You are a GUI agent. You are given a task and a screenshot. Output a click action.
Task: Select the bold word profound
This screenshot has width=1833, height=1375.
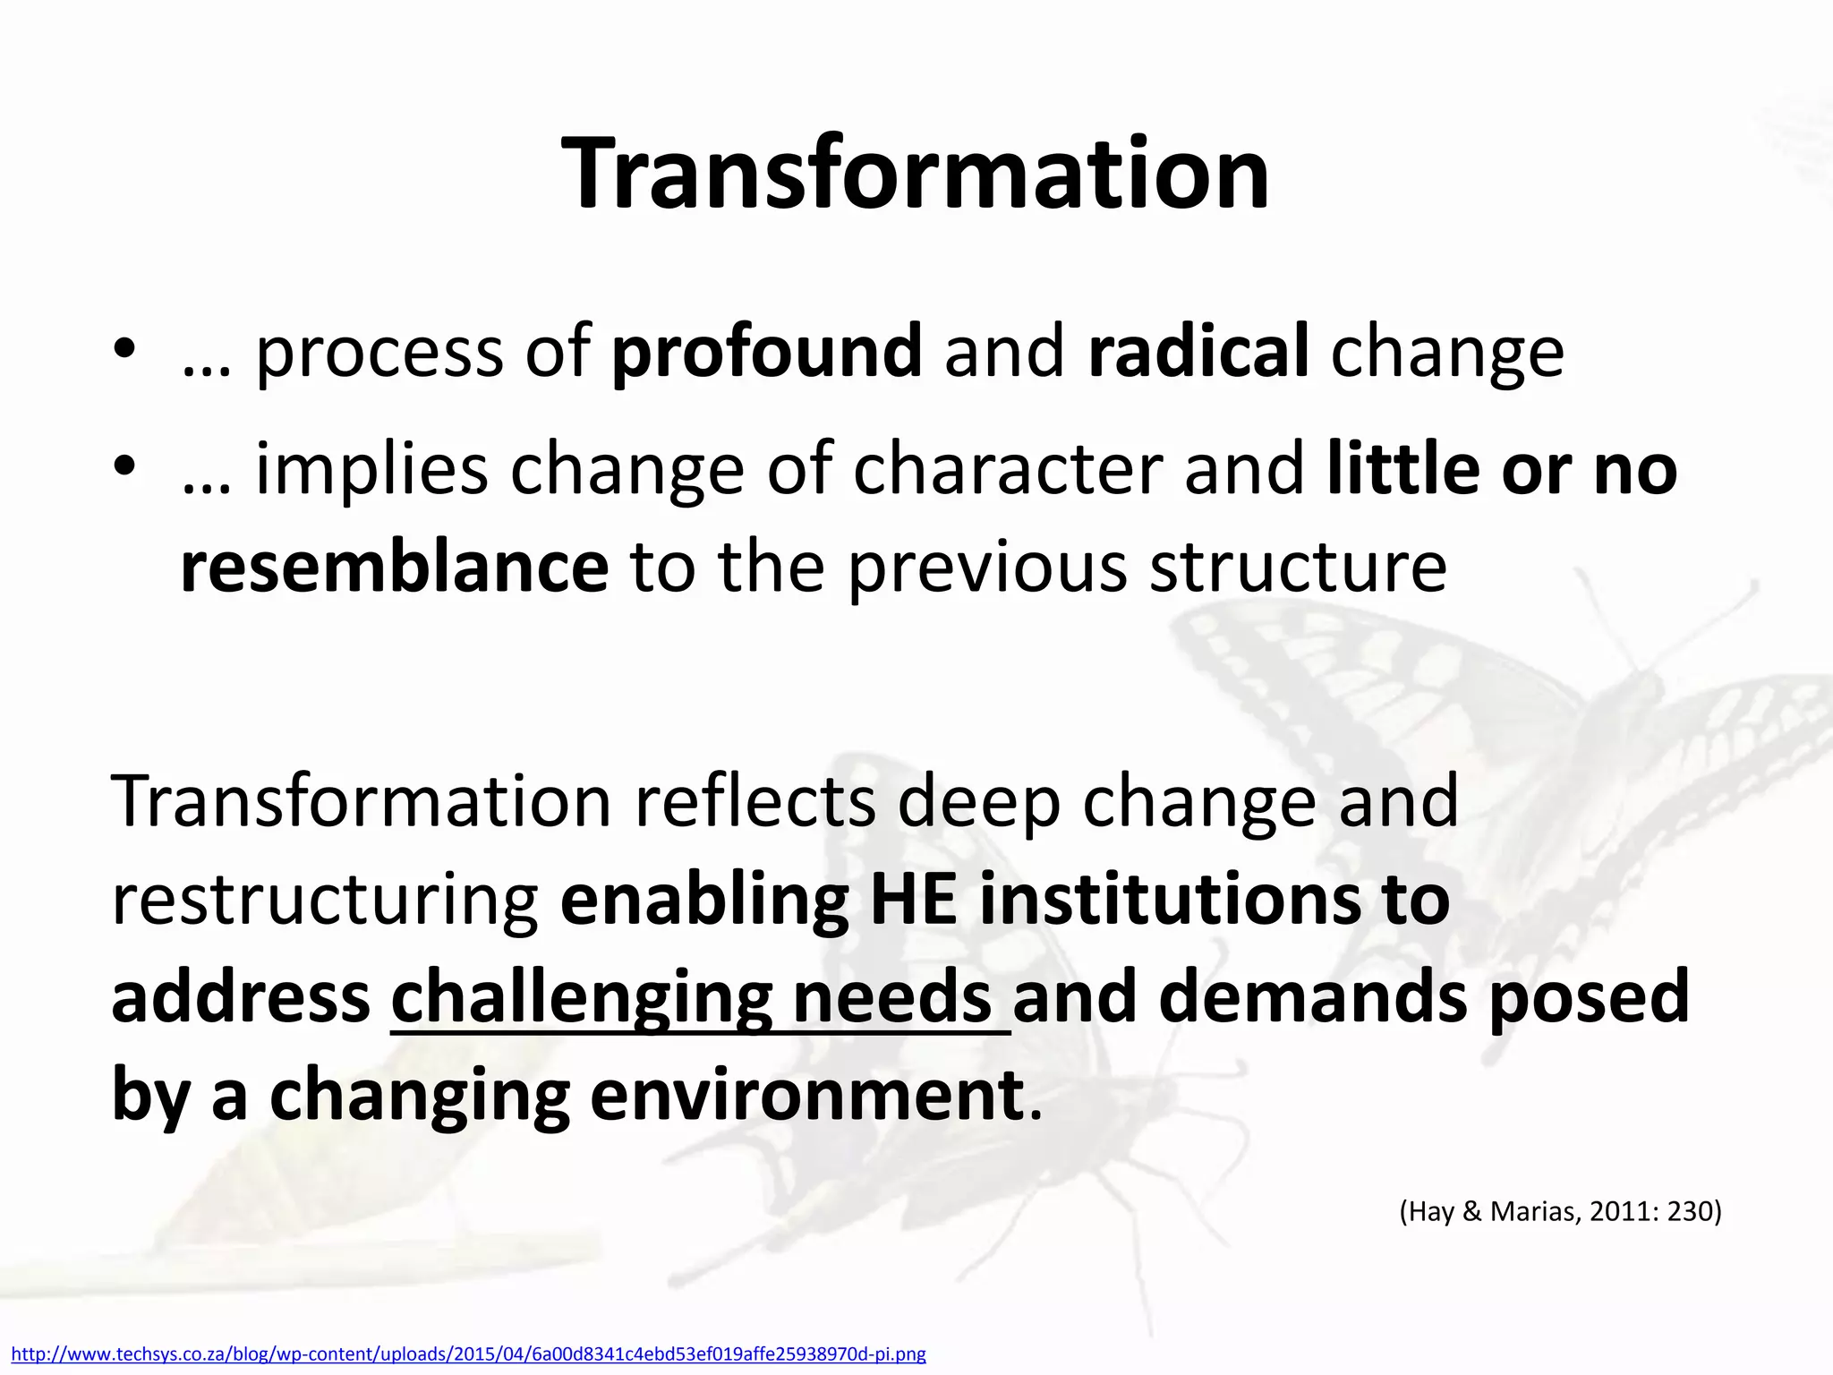click(766, 351)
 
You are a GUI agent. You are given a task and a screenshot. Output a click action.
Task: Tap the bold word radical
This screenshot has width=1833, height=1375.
click(1198, 351)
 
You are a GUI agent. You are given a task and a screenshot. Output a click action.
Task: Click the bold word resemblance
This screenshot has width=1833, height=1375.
click(394, 567)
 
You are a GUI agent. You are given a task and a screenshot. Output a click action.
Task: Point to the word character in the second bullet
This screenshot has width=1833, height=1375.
click(1008, 469)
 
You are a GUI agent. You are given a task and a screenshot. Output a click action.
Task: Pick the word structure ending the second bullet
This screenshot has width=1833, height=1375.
click(1297, 567)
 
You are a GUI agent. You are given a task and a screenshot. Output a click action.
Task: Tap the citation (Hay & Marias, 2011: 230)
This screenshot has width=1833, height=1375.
click(1560, 1211)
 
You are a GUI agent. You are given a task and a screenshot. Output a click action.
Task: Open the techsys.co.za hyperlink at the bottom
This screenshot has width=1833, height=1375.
click(468, 1354)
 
